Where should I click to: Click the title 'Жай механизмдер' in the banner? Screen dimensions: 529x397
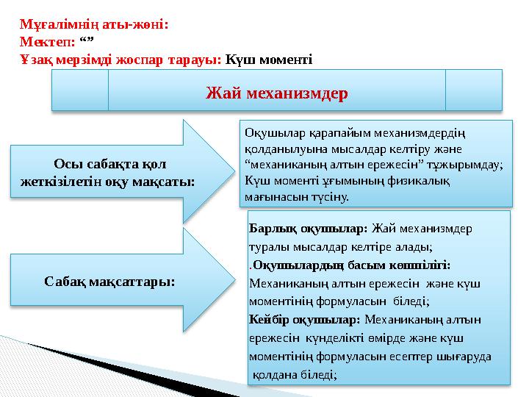point(277,93)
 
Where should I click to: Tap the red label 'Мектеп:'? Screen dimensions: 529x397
point(48,42)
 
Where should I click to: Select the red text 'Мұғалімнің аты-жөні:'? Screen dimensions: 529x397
point(94,24)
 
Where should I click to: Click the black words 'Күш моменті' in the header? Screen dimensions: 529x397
point(269,60)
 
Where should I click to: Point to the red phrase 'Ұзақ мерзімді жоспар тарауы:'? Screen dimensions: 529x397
point(120,60)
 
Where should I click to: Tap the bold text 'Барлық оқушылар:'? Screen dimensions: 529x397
point(309,229)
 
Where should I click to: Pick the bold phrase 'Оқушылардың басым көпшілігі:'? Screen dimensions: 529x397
point(352,265)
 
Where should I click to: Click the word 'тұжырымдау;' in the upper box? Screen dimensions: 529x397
point(465,165)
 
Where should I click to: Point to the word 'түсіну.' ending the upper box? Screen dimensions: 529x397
point(330,197)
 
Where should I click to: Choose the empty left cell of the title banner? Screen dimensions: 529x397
point(80,90)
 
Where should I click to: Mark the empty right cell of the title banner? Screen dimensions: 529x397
point(474,90)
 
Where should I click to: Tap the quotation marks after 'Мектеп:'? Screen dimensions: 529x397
point(87,40)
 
